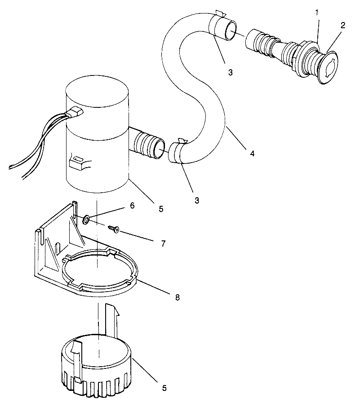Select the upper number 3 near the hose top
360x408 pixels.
[230, 72]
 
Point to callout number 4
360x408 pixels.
[252, 153]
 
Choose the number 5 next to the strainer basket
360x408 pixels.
[164, 388]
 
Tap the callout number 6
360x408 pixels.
[132, 205]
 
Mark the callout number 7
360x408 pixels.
[163, 244]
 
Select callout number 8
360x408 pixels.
[177, 297]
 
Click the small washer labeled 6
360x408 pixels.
[85, 219]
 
